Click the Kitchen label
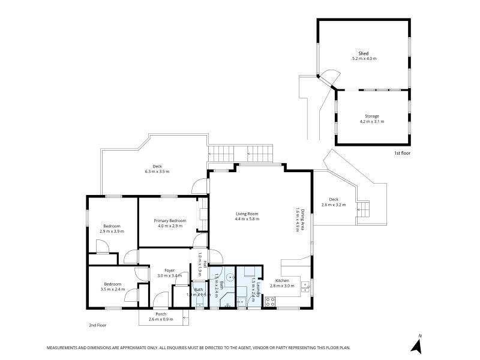point(282,281)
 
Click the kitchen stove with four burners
point(270,304)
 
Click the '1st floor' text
point(402,153)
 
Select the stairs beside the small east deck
point(363,210)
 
